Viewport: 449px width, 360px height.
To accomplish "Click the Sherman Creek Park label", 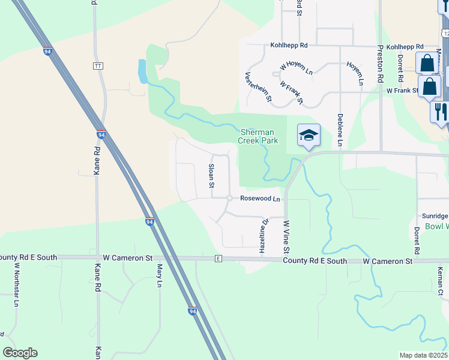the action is coord(258,136).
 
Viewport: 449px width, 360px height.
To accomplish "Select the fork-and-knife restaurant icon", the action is coord(440,110).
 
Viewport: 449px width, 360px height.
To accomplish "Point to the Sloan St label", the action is coord(211,176).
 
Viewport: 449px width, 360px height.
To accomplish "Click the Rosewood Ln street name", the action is coord(260,199).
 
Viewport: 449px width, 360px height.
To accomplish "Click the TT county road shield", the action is coord(98,65).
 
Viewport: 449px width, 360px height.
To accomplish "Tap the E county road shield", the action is coord(218,259).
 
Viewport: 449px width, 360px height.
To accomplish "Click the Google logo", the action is coord(20,353).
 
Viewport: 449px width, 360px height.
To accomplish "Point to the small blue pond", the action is coord(142,71).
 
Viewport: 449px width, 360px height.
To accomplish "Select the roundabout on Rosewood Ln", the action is coord(230,199).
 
